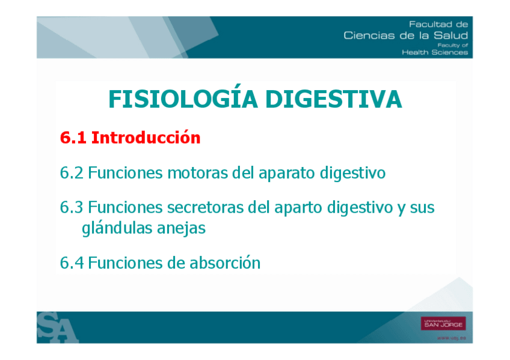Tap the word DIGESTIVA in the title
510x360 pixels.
(x=334, y=99)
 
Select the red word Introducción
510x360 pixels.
(x=146, y=137)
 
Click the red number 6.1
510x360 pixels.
(x=73, y=138)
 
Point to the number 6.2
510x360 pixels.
(x=72, y=172)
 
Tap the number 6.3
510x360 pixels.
(x=72, y=207)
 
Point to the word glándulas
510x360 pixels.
(x=117, y=228)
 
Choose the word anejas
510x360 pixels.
(x=181, y=228)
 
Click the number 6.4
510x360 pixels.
(x=72, y=263)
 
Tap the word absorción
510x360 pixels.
(x=225, y=262)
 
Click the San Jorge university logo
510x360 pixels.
(x=443, y=323)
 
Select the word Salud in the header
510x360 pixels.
(x=451, y=35)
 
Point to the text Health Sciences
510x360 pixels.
(x=435, y=52)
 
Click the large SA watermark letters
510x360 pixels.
(x=57, y=328)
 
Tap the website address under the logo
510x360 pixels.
(x=452, y=338)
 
